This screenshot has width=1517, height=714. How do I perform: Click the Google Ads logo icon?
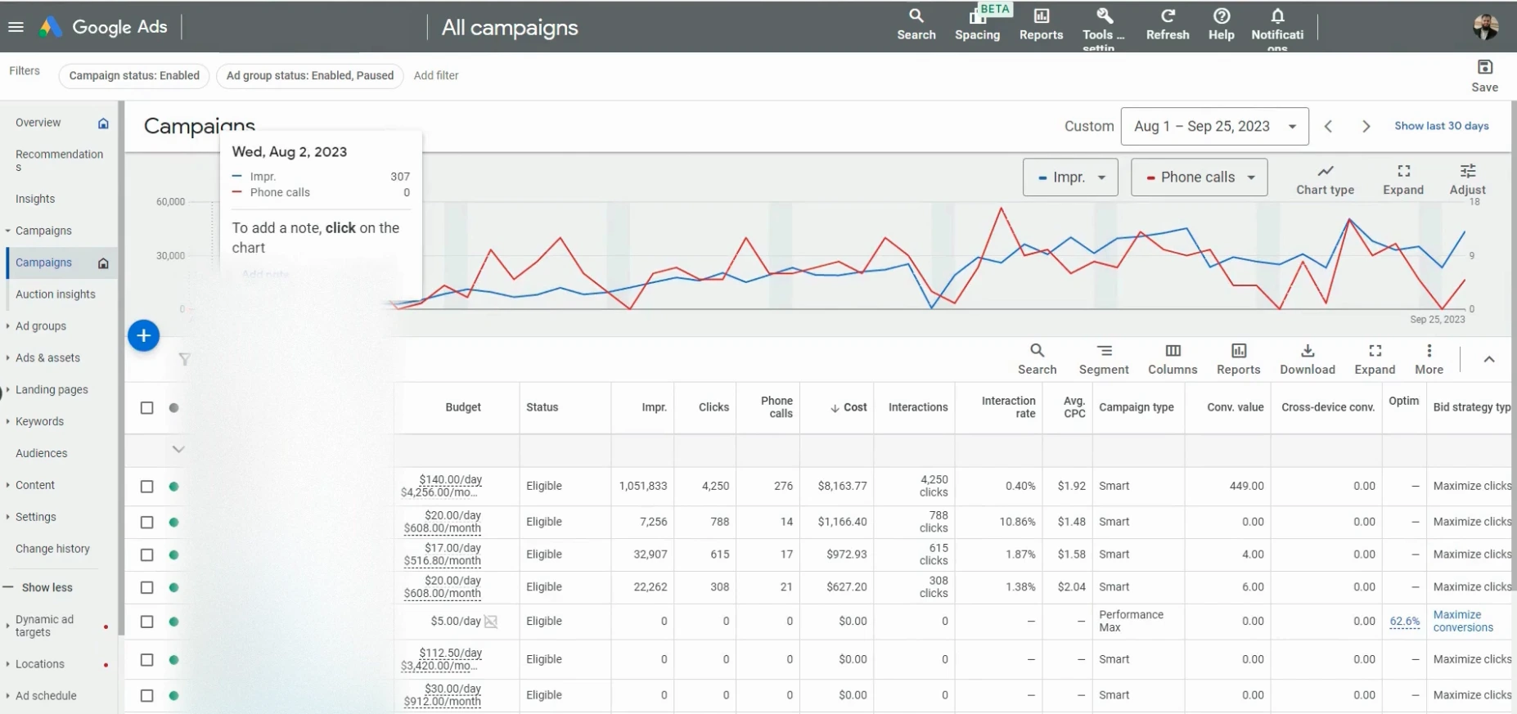tap(51, 27)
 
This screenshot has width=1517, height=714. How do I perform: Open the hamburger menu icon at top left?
tap(16, 27)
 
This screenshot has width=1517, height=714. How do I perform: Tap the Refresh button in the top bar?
tap(1168, 25)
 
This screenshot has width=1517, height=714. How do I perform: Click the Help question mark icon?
tap(1221, 16)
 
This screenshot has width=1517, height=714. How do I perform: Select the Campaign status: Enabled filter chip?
tap(134, 75)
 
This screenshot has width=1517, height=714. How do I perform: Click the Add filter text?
tap(436, 75)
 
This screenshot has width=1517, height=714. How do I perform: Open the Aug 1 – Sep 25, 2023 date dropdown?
tap(1214, 126)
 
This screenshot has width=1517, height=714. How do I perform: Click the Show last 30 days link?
tap(1441, 126)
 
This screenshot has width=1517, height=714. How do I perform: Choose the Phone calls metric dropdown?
tap(1199, 177)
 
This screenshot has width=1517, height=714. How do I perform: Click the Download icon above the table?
tap(1308, 351)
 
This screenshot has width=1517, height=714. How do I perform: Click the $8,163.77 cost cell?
tap(842, 486)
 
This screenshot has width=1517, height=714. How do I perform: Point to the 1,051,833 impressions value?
tap(643, 486)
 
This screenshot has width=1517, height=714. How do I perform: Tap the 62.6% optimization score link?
tap(1404, 621)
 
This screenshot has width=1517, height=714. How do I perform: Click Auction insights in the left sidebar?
tap(56, 294)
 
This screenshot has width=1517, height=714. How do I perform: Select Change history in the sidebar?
tap(52, 549)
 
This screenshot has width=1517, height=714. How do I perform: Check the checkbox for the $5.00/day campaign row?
tap(147, 622)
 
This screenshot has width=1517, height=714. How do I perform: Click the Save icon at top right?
tap(1484, 68)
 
